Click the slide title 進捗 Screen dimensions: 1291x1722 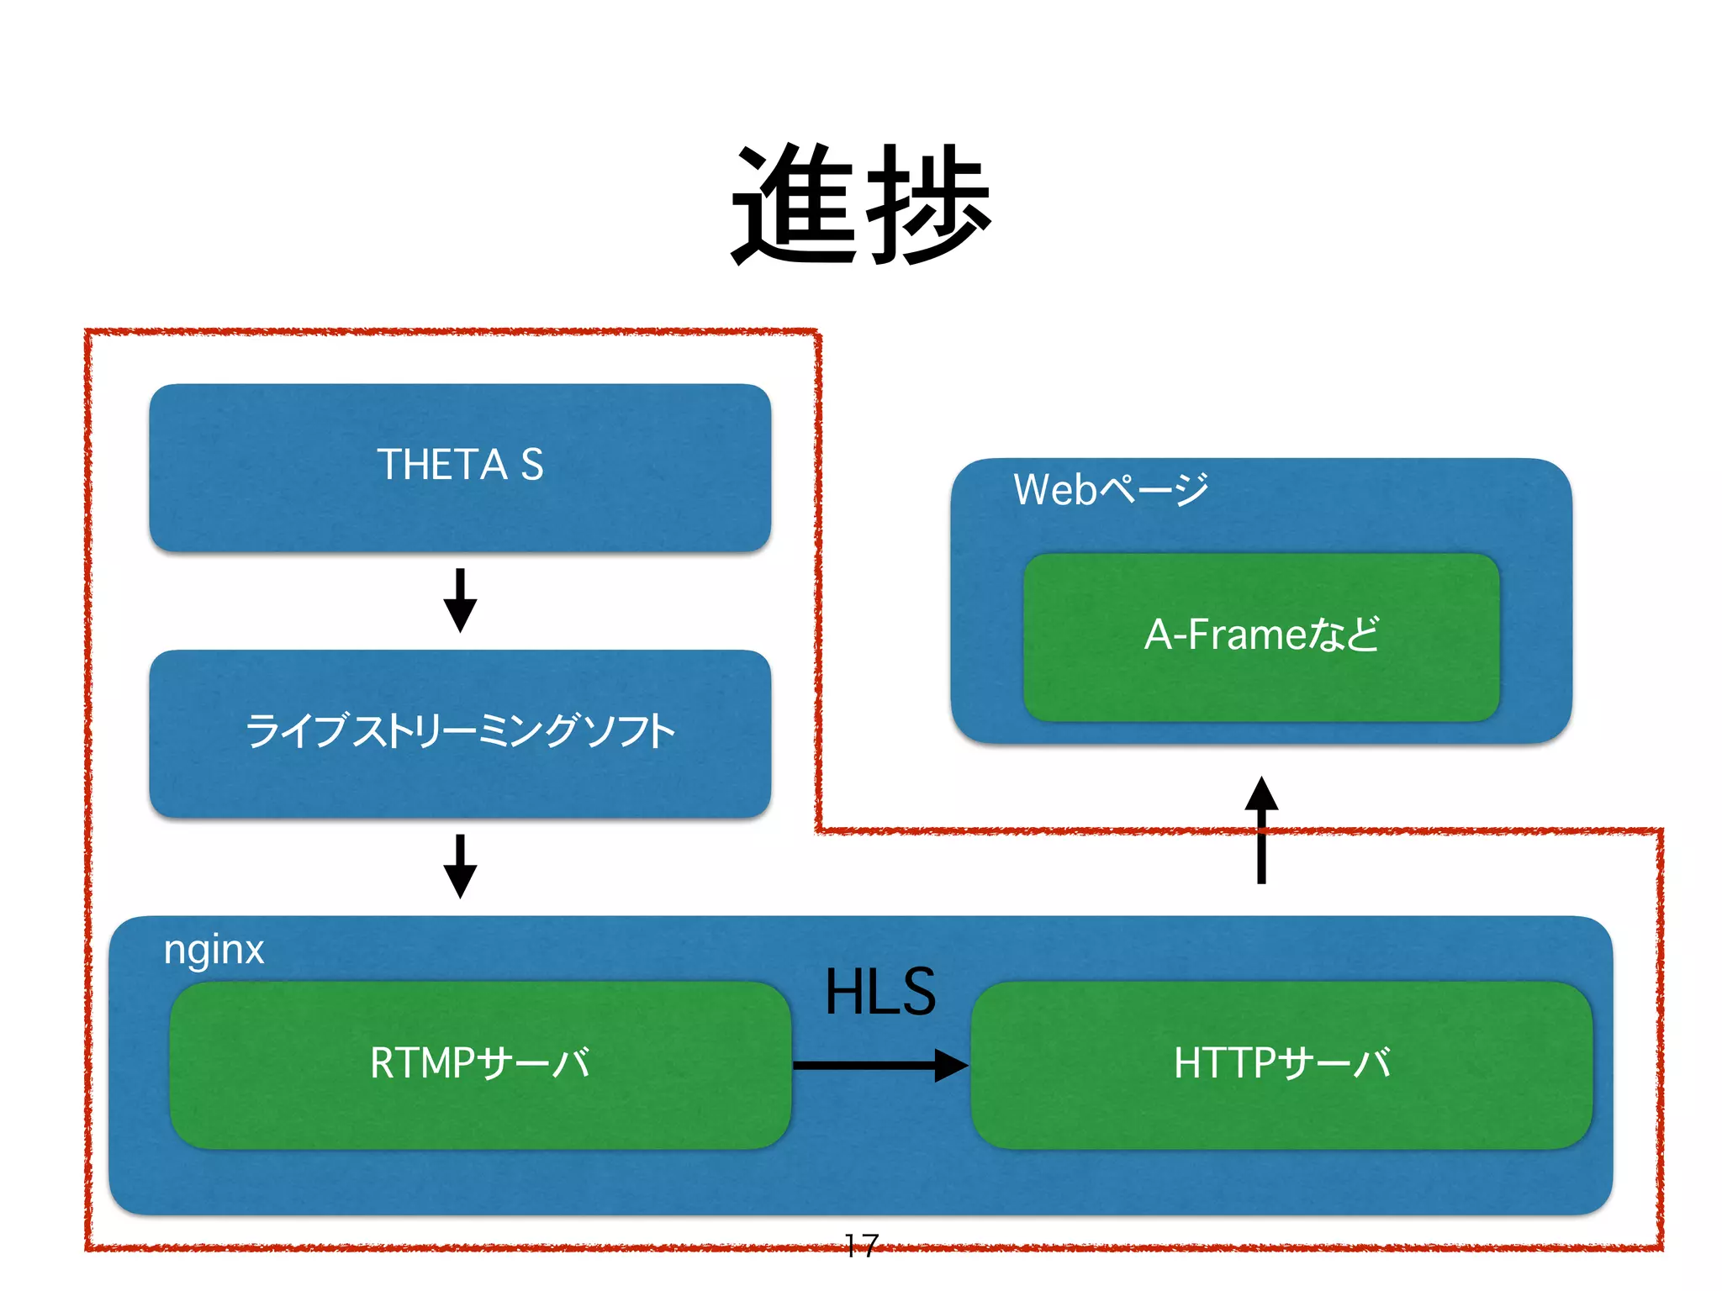(861, 204)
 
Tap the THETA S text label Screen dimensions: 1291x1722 (460, 465)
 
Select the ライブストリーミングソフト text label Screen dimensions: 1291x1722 (460, 730)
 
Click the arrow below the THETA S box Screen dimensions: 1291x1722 (460, 601)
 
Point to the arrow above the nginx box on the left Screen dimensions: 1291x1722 (460, 867)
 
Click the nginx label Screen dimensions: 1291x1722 (214, 951)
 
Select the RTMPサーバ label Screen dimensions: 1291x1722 (480, 1063)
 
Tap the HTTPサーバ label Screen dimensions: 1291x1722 (1281, 1063)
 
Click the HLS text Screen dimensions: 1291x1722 (879, 993)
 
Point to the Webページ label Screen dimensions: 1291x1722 (1111, 490)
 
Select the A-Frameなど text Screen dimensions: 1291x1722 (1261, 635)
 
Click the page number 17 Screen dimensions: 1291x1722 (861, 1245)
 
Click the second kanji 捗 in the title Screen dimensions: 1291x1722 (928, 204)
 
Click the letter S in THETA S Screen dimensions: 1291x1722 (531, 465)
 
